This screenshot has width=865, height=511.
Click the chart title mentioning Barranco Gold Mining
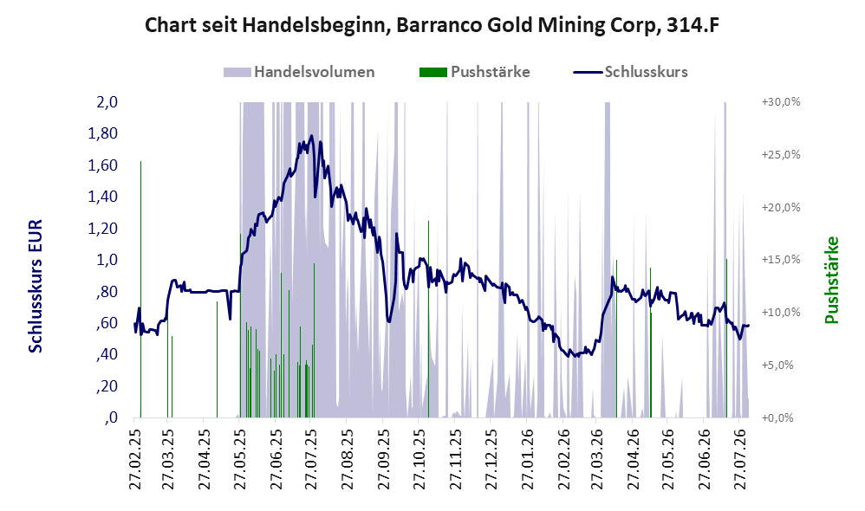(432, 25)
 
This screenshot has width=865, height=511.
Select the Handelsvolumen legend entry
(299, 72)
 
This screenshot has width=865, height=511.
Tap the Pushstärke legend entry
(474, 72)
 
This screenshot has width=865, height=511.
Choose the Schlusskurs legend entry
(630, 72)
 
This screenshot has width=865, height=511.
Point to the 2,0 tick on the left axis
(107, 102)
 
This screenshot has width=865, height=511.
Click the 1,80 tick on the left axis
(102, 133)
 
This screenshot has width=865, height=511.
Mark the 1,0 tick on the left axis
(107, 260)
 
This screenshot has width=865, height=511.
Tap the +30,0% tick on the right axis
(781, 102)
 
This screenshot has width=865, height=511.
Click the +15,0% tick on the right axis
(781, 260)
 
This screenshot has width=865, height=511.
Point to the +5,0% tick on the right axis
(777, 365)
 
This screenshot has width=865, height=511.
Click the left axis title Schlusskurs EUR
(35, 286)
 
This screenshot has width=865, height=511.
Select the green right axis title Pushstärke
(831, 280)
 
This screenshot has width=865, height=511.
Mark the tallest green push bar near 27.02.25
(140, 289)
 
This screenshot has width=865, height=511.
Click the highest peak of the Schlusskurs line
(312, 136)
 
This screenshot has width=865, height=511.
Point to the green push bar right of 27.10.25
(429, 320)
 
